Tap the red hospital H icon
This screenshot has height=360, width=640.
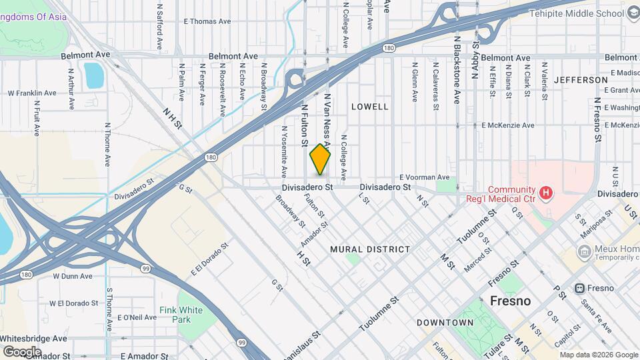coord(547,194)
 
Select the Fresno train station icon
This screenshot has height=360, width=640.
coord(579,288)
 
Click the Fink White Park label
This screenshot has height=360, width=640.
coord(181,315)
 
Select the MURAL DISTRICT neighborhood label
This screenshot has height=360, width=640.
coord(370,249)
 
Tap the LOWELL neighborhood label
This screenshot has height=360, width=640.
coord(369,107)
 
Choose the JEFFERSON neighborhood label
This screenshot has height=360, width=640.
coord(581,80)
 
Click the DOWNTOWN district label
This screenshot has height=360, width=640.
coord(445,323)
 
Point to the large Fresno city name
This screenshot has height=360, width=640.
coord(510,301)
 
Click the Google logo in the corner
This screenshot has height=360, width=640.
coord(21,351)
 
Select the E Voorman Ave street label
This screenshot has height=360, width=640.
coord(424,177)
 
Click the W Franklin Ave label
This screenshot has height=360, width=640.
coord(31,93)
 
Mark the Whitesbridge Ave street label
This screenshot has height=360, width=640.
coord(33,339)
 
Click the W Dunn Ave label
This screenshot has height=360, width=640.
coord(73,275)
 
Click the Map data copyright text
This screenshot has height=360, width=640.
coord(597,355)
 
